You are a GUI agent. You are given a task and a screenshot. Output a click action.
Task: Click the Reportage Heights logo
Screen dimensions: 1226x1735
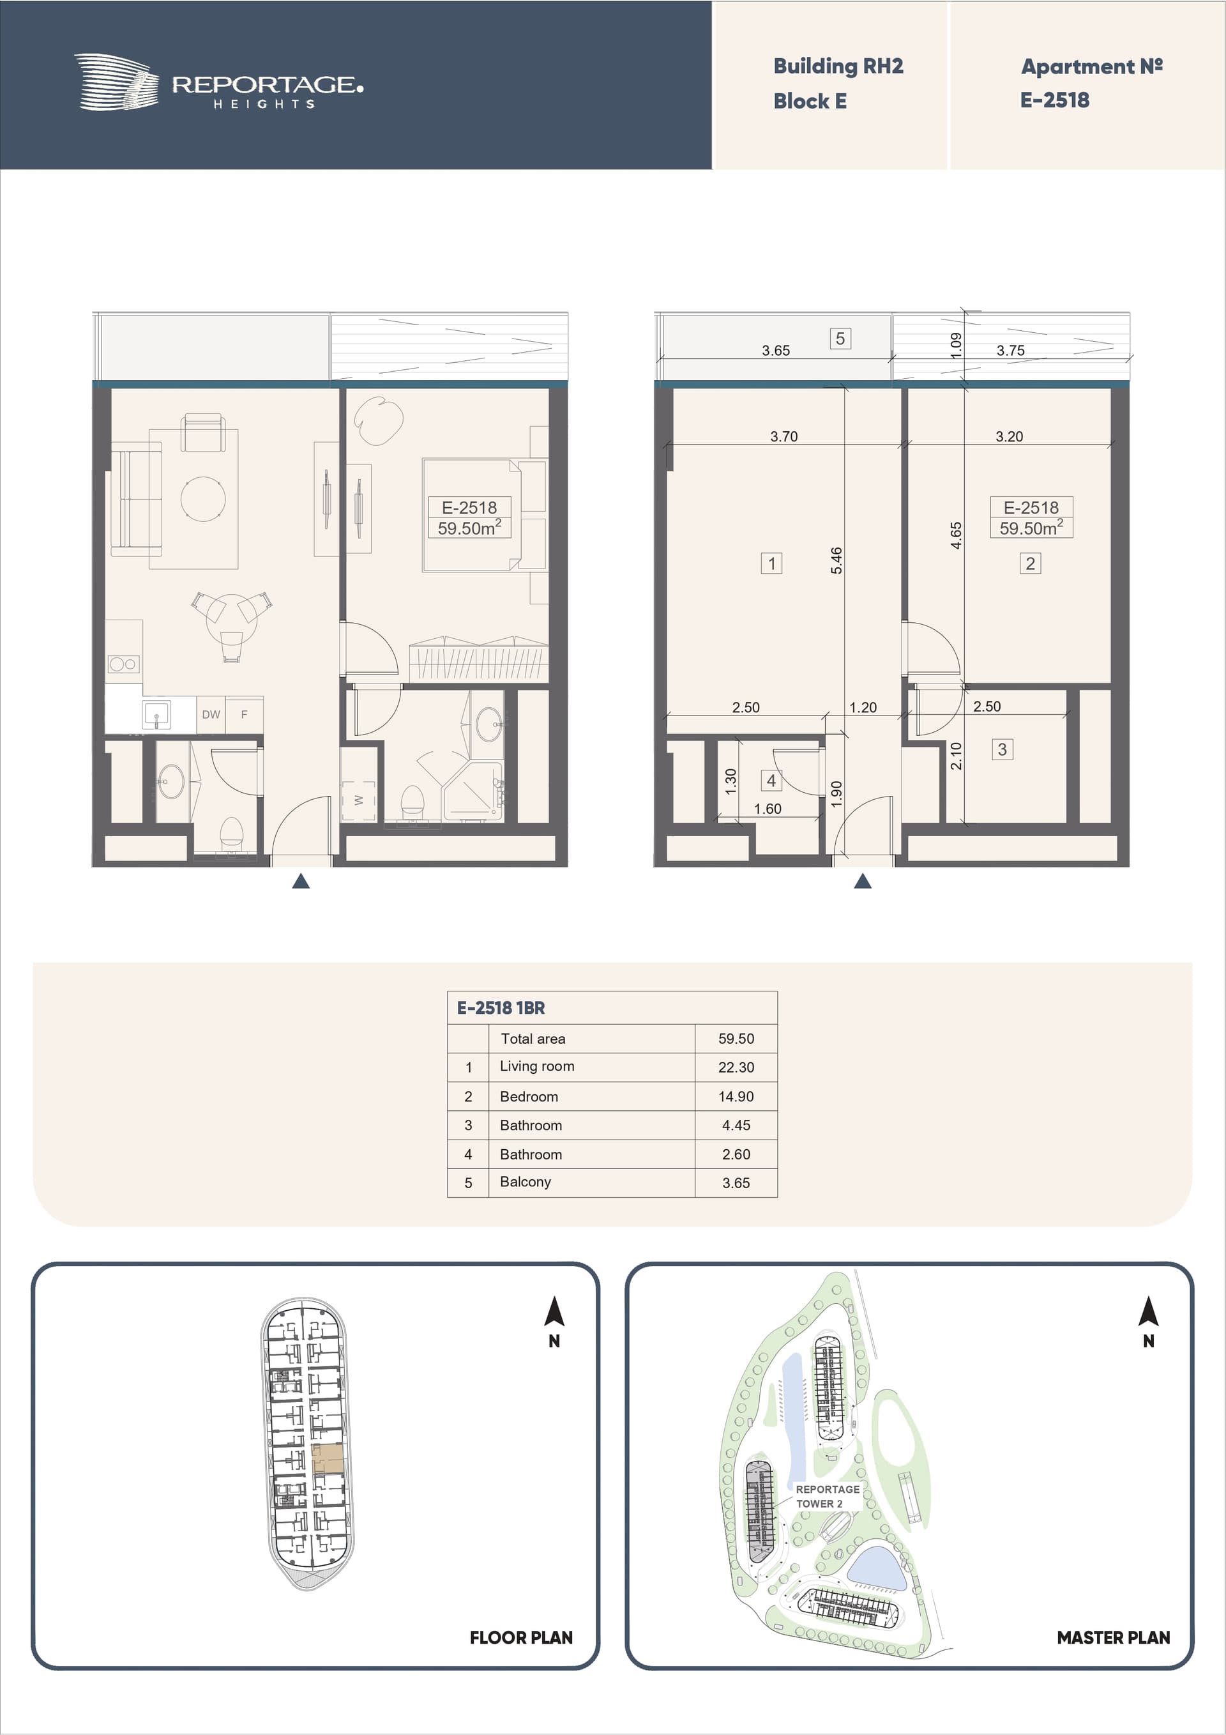tap(218, 82)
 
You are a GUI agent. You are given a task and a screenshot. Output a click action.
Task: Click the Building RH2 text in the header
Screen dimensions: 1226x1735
tap(838, 66)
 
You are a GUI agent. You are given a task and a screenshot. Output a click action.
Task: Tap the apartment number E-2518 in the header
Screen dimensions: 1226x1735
tap(1054, 100)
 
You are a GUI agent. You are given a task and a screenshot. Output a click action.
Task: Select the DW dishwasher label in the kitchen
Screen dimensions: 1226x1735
tap(211, 714)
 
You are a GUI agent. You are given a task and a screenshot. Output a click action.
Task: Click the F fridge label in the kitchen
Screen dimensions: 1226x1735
tap(244, 714)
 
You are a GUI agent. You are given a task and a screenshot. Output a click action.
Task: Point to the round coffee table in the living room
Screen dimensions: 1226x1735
tap(203, 499)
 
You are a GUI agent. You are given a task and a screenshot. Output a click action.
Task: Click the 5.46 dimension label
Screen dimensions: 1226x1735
tap(836, 560)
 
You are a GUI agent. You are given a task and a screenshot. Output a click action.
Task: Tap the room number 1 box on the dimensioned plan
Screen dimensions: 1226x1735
tap(771, 563)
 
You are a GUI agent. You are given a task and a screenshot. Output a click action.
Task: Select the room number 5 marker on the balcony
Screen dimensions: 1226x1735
tap(840, 339)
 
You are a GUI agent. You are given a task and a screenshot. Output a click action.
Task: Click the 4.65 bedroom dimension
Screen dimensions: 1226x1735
tap(957, 535)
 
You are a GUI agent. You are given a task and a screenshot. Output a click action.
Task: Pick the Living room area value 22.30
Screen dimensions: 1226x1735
tap(736, 1067)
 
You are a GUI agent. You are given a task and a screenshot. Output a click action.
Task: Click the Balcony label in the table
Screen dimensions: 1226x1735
tap(525, 1182)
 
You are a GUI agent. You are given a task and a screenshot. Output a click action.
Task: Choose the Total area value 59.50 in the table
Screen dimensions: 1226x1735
tap(736, 1038)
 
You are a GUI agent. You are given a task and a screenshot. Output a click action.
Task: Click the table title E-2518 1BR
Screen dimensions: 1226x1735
tap(500, 1007)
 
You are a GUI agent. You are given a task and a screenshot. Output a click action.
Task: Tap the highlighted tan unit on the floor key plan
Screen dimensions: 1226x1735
tap(328, 1458)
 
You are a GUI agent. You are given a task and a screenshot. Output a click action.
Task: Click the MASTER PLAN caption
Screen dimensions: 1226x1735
tap(1113, 1637)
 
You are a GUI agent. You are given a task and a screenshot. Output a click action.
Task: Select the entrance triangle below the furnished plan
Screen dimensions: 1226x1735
tap(301, 880)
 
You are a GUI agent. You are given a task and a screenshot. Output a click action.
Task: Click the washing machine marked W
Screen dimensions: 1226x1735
tap(359, 800)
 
